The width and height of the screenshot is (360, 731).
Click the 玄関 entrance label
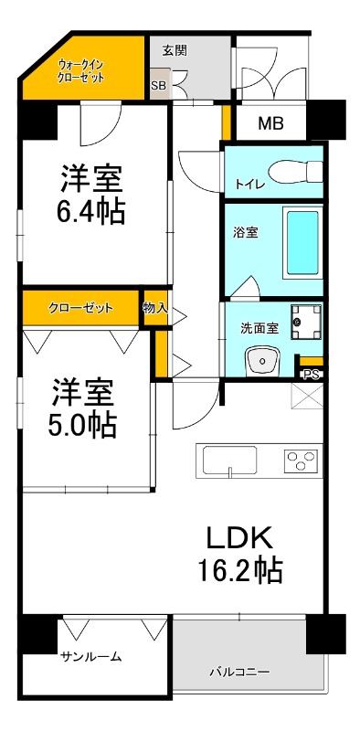pos(175,51)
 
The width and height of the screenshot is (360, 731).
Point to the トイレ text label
pos(250,184)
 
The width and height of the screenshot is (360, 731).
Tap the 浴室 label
pos(247,232)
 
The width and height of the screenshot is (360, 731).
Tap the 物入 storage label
pos(155,308)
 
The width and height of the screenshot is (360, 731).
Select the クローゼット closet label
pos(81,308)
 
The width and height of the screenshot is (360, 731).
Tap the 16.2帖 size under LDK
pos(239,570)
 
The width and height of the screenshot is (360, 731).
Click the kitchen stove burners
pos(302,459)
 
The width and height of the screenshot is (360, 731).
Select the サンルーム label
pos(91,657)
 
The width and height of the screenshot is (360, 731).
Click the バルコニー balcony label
pos(239,672)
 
